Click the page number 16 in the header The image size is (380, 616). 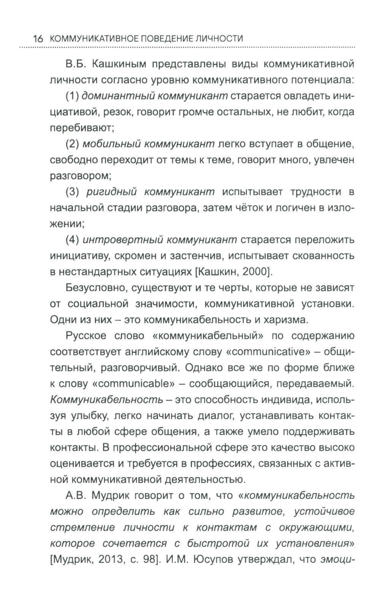tap(38, 39)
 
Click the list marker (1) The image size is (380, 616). tap(72, 96)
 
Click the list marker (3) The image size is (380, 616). tap(72, 192)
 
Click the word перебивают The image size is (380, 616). tap(82, 128)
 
